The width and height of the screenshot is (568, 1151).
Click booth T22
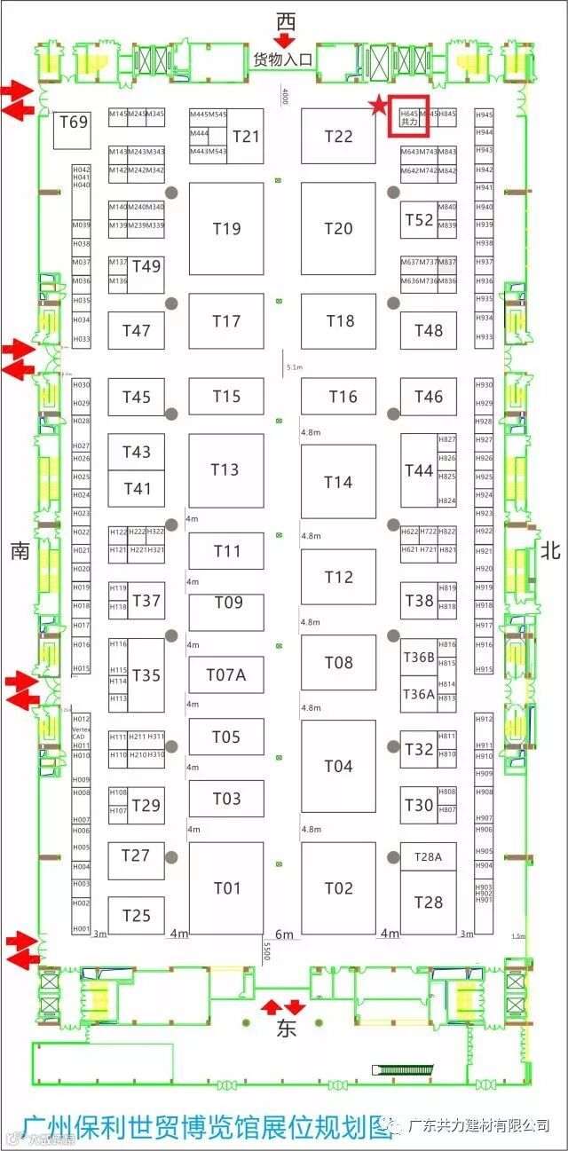[x=338, y=136]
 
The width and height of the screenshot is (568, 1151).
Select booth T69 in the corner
[x=73, y=122]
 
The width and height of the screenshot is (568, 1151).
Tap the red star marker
[x=379, y=107]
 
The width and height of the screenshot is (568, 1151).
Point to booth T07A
[x=226, y=675]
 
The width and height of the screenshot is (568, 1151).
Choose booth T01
[x=226, y=887]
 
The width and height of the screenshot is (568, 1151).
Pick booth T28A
[x=428, y=857]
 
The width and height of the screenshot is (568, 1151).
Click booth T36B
[x=418, y=657]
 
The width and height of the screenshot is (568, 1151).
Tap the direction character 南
[x=20, y=551]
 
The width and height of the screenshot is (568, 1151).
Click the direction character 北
[x=550, y=551]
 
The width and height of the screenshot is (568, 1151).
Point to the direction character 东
[x=285, y=1030]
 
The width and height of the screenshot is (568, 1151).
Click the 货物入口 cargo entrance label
[x=284, y=59]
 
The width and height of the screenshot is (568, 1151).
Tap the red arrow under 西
[x=285, y=39]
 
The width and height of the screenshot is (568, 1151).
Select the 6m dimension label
[x=284, y=934]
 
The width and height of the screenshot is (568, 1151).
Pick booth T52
[x=419, y=220]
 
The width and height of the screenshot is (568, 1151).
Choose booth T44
[x=419, y=470]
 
